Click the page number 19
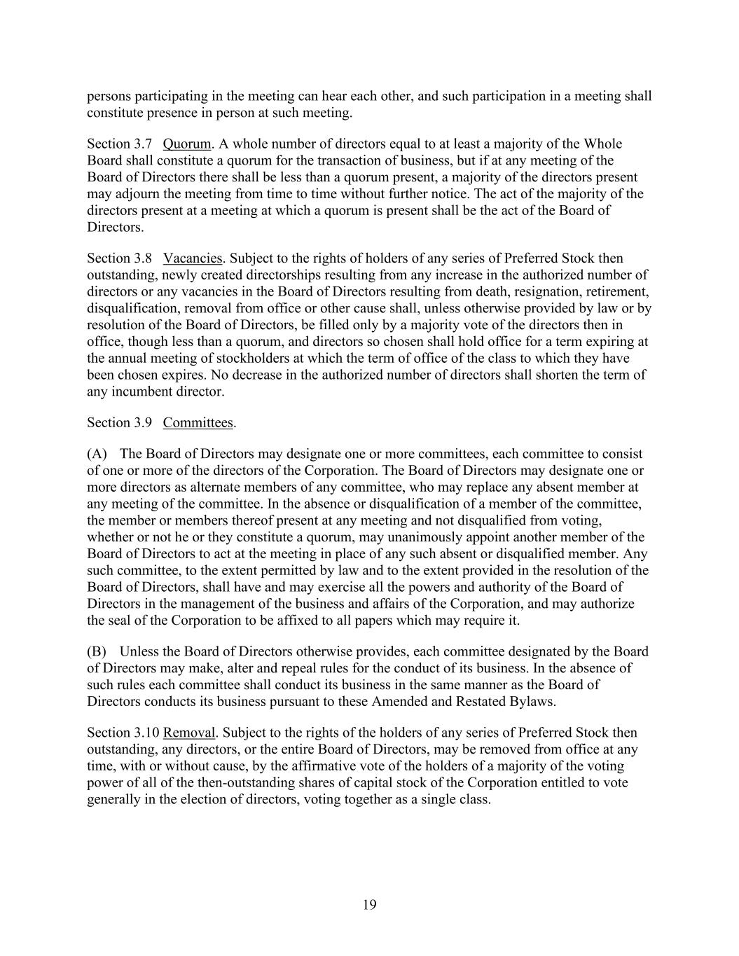370,905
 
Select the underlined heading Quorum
186,144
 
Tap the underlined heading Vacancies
193,258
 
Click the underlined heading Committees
198,422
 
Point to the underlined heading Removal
189,733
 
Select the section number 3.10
146,733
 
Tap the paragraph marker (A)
97,454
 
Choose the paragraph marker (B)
97,651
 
